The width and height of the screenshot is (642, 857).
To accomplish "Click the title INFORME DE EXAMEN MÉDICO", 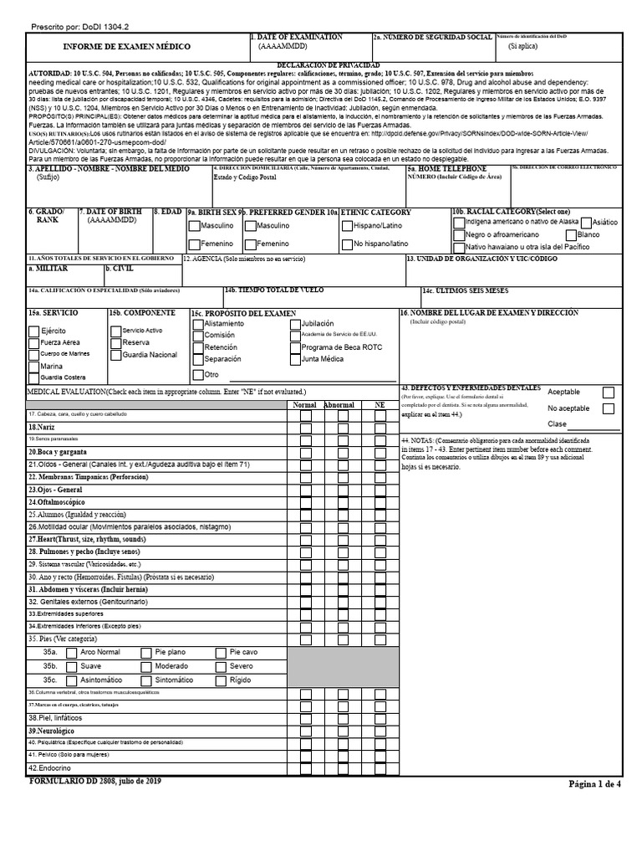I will coord(127,47).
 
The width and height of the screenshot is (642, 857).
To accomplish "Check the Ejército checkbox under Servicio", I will coord(33,331).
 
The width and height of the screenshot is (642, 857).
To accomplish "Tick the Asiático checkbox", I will coord(586,223).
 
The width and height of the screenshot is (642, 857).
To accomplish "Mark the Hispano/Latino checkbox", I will coord(346,226).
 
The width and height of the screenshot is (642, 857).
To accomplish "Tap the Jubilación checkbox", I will coord(295,323).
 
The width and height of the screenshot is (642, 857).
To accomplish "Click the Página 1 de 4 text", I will coord(595,784).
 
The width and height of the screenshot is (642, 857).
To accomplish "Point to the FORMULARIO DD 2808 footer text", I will coord(95,781).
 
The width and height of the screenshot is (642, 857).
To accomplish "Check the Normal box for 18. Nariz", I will coord(306,428).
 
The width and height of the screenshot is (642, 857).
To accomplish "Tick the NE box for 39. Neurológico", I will coord(380,731).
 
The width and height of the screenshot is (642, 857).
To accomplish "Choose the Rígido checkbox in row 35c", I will coord(221,680).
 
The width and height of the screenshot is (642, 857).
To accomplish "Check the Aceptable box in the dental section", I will coord(608,392).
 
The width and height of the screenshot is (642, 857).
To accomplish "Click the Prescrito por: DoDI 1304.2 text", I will coord(79,28).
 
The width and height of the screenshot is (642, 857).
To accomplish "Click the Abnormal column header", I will coord(339,405).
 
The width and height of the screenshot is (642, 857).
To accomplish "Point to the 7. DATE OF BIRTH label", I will coord(111,213).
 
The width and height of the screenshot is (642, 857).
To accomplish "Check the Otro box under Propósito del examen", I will coord(198,375).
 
